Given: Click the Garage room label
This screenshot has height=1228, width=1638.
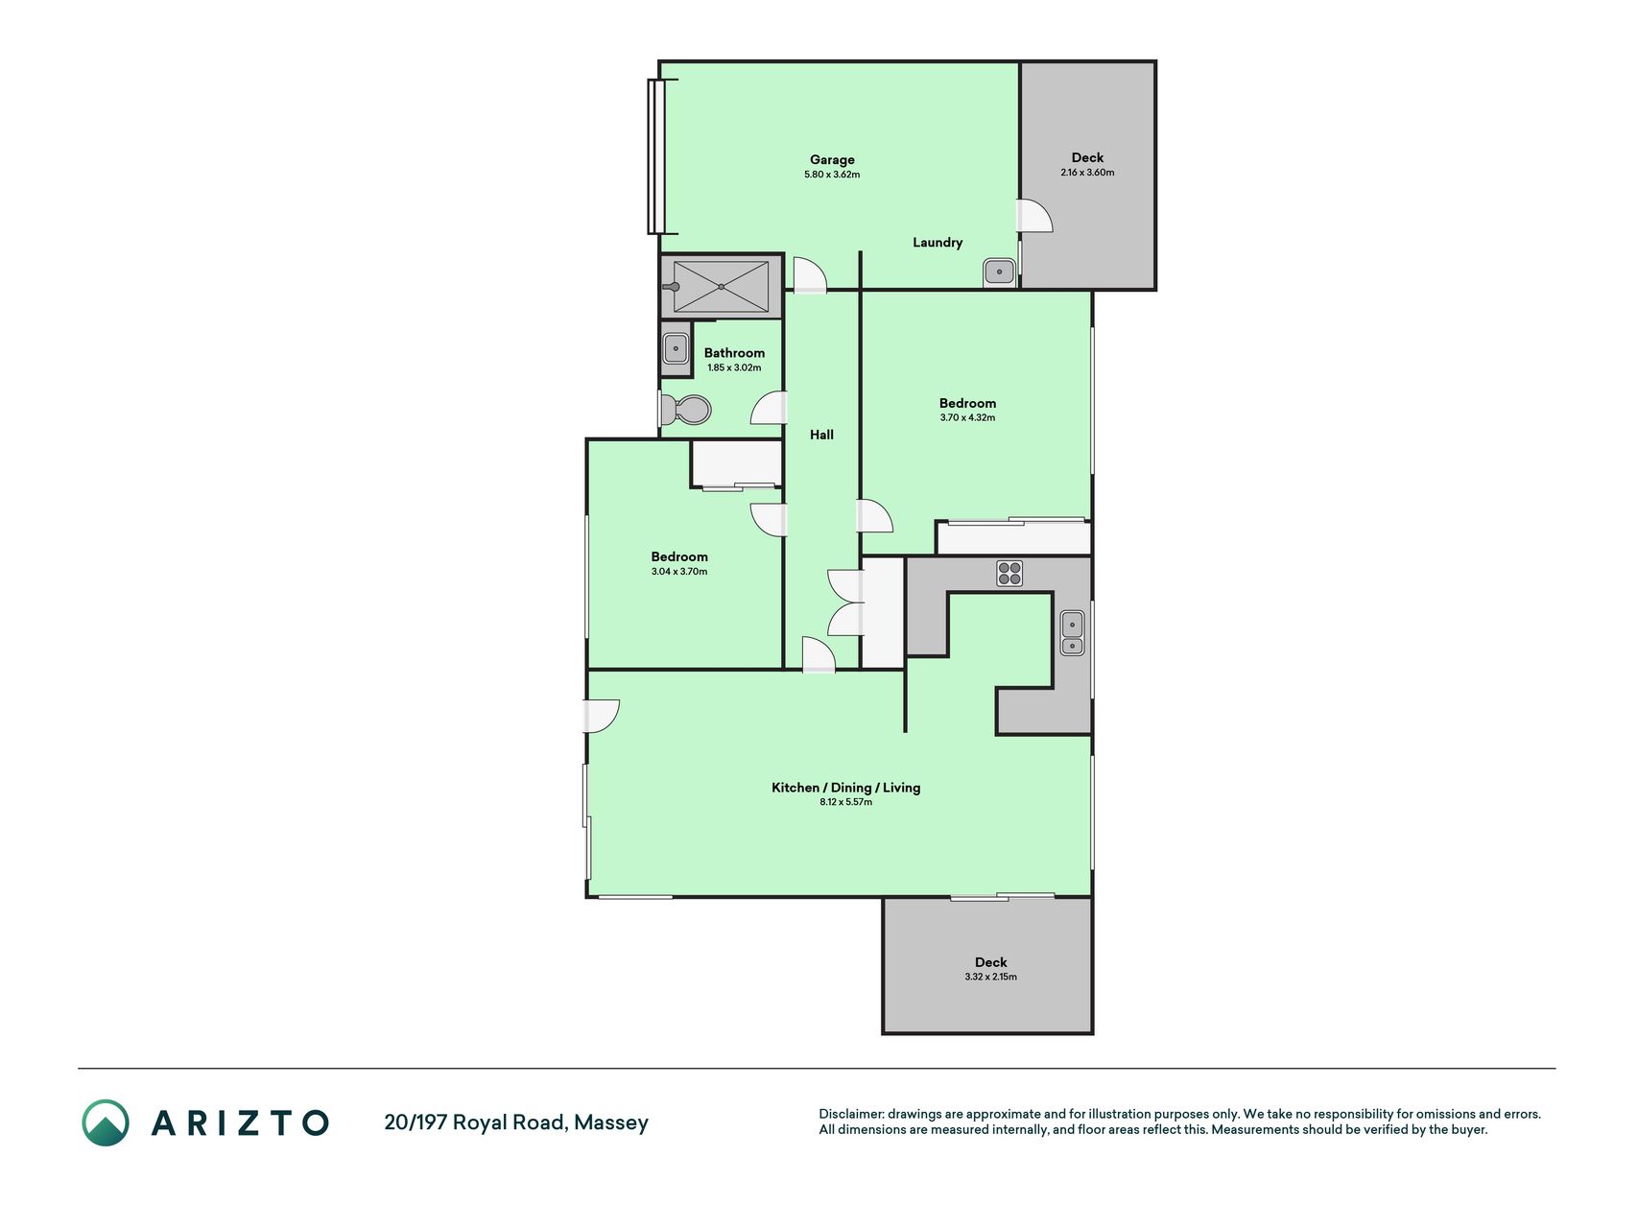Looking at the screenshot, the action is click(832, 160).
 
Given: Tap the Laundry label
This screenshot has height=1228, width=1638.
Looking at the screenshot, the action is click(938, 243).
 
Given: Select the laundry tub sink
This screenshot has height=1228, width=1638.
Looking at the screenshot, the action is click(999, 272).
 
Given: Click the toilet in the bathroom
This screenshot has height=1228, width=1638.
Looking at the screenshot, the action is click(688, 411).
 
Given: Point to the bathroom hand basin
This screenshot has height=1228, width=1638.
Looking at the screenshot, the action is click(676, 348).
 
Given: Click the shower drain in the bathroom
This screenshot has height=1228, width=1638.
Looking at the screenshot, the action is click(721, 287).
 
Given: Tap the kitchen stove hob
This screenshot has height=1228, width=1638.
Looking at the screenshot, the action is click(1009, 574).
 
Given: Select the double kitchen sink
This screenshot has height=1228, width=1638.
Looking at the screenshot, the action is click(1072, 633).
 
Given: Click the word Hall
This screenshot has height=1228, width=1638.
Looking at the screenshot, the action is click(821, 435).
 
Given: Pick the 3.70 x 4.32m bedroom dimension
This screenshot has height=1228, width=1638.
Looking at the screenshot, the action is click(967, 418).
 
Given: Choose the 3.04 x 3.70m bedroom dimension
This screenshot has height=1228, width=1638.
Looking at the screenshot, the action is click(679, 572).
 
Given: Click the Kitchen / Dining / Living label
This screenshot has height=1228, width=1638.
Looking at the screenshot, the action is click(846, 788).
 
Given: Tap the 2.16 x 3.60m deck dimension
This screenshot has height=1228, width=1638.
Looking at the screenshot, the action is click(1087, 173).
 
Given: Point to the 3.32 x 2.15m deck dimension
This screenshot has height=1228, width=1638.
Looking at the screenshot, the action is click(991, 977).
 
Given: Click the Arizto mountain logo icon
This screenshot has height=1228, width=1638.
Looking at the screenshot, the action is click(106, 1122).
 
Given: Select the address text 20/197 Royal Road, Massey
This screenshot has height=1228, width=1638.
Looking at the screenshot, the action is click(516, 1122).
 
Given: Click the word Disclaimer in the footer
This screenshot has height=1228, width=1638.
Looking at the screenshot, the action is click(851, 1114).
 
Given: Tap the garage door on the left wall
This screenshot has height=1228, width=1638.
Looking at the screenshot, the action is click(656, 156).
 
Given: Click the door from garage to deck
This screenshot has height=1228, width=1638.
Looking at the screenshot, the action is click(1034, 216).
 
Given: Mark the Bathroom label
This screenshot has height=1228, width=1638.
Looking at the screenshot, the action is click(734, 353).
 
